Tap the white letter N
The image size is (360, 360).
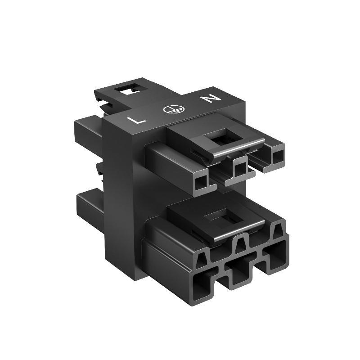[211, 98]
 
